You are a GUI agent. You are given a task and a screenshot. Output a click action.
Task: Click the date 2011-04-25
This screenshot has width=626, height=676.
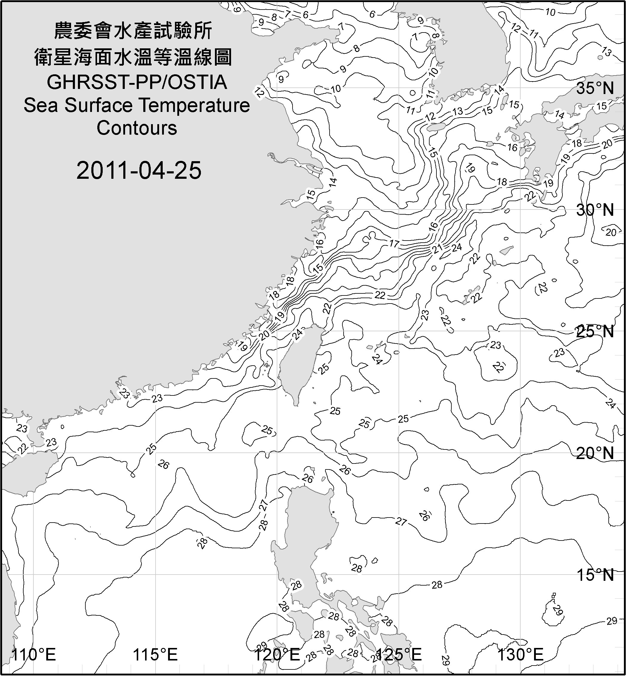(x=139, y=170)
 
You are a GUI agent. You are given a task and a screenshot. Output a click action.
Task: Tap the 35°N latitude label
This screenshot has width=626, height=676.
(x=595, y=88)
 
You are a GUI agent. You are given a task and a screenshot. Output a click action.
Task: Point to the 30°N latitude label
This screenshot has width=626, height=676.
(x=595, y=210)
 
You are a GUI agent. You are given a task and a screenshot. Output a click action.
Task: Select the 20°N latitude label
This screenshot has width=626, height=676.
(x=595, y=453)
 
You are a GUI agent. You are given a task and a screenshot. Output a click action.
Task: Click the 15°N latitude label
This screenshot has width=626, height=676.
(x=595, y=575)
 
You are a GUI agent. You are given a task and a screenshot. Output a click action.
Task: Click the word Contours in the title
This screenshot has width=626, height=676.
(x=137, y=128)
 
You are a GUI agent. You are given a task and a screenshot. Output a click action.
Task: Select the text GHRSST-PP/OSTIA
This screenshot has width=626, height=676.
(x=137, y=82)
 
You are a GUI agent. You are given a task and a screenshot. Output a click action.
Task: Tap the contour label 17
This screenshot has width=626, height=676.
(x=394, y=244)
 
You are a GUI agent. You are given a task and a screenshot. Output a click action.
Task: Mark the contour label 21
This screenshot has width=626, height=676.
(x=437, y=249)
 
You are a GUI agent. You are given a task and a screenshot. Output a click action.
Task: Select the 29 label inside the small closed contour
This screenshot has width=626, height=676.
(x=557, y=610)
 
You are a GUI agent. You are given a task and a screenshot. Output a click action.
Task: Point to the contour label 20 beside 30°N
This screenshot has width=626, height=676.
(x=610, y=232)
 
